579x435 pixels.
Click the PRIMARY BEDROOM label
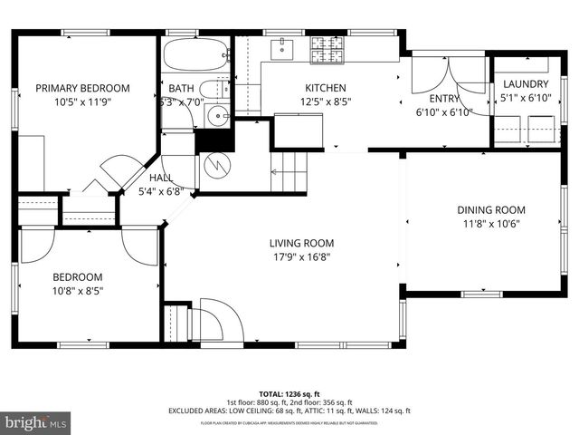tap(82, 88)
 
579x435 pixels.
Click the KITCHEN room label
tap(325, 88)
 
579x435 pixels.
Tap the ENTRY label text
tap(443, 99)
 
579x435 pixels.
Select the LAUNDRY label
tap(525, 84)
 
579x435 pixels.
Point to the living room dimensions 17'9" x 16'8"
tap(301, 257)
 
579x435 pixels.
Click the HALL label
tap(160, 178)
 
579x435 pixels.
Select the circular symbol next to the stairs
tap(216, 166)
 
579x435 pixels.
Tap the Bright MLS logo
tap(36, 422)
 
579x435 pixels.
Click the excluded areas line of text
tap(289, 411)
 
